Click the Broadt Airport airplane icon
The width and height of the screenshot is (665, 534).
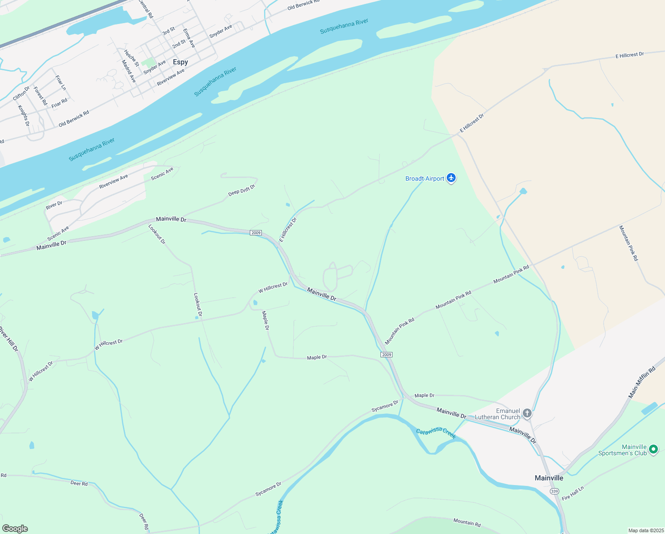click(x=451, y=178)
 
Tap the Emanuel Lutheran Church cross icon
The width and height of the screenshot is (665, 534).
click(x=527, y=414)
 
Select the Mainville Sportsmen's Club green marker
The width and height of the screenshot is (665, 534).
click(x=653, y=449)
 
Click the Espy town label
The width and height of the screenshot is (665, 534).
click(x=180, y=62)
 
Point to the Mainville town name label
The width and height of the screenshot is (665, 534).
click(x=549, y=478)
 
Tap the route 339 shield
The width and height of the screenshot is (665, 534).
click(x=554, y=491)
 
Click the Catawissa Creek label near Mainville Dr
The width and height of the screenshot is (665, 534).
click(x=436, y=433)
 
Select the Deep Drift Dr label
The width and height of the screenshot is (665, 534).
click(x=242, y=190)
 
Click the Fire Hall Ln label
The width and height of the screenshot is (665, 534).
click(x=573, y=493)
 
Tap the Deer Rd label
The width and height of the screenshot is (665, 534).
click(x=79, y=483)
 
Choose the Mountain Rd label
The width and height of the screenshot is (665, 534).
click(x=467, y=522)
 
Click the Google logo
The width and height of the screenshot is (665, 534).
click(x=15, y=529)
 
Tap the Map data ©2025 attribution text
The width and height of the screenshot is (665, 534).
click(x=646, y=530)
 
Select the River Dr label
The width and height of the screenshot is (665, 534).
click(x=54, y=205)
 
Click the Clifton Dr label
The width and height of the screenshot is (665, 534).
click(x=21, y=93)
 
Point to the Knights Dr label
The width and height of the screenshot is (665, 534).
click(x=24, y=116)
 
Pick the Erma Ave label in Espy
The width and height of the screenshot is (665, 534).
click(x=189, y=38)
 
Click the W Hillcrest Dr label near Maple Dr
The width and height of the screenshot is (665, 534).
click(x=273, y=287)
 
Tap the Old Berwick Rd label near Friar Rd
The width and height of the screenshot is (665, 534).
click(x=74, y=119)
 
